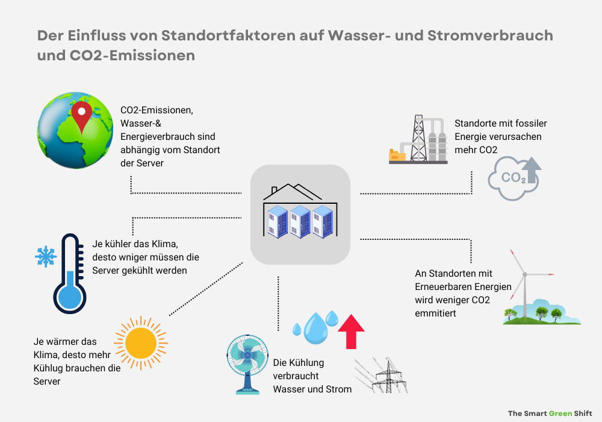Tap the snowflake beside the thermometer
[x=45, y=256]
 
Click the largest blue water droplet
[x=314, y=329]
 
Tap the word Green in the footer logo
[x=560, y=414]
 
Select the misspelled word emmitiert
[x=435, y=313]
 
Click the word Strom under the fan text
[x=340, y=389]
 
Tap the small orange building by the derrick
[x=397, y=156]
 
